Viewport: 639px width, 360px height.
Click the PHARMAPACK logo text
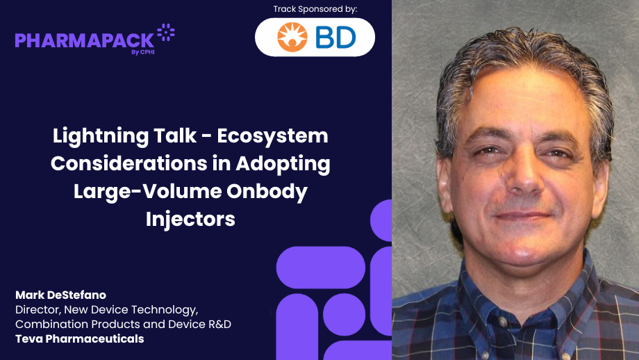pyautogui.click(x=84, y=41)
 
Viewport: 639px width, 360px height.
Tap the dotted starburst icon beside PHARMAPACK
pyautogui.click(x=166, y=32)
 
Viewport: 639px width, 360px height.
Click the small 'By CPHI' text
pyautogui.click(x=142, y=52)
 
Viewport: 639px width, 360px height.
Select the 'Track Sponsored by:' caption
pyautogui.click(x=315, y=9)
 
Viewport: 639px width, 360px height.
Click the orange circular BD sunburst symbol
pyautogui.click(x=292, y=37)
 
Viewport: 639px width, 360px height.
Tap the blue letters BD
pyautogui.click(x=335, y=38)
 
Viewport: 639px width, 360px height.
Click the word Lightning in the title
pyautogui.click(x=100, y=136)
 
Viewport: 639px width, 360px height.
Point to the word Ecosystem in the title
pyautogui.click(x=273, y=136)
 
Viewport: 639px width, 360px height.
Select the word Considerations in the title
pyautogui.click(x=128, y=163)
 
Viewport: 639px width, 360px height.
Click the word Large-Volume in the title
pyautogui.click(x=147, y=191)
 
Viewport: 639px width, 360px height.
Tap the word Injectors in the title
pyautogui.click(x=190, y=219)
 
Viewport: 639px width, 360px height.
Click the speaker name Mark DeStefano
pyautogui.click(x=60, y=295)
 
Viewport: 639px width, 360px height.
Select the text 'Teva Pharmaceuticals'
pyautogui.click(x=79, y=338)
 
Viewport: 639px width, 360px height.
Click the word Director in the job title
pyautogui.click(x=38, y=310)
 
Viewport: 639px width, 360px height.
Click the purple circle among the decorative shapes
pyautogui.click(x=344, y=314)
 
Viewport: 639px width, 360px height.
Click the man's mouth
pyautogui.click(x=523, y=216)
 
